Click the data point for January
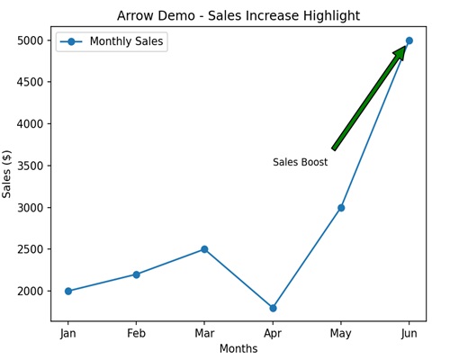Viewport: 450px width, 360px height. (68, 291)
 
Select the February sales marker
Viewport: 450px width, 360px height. (136, 274)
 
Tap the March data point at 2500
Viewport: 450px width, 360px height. (204, 249)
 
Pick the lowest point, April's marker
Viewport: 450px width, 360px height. (273, 308)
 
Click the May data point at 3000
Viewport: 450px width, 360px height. (341, 208)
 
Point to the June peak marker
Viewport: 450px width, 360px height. (409, 40)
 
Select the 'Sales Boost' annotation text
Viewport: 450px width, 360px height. (301, 163)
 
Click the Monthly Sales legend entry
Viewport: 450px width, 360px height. (112, 41)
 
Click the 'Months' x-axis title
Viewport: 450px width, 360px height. (238, 349)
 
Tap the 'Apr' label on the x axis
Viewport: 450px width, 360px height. (273, 333)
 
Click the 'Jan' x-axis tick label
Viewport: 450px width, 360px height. (68, 333)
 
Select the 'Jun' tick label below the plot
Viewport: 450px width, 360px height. (409, 333)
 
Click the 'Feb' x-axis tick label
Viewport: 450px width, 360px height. (136, 333)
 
